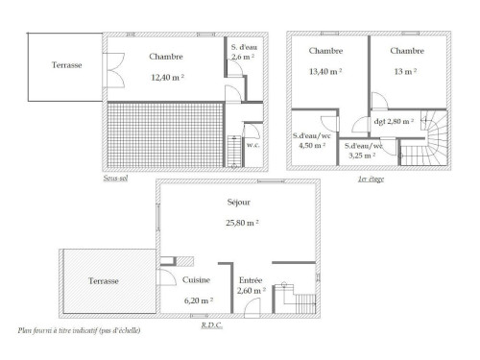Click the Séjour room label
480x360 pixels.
click(239, 203)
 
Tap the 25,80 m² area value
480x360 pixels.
click(242, 223)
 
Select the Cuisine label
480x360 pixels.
click(196, 280)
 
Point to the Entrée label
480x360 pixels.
click(251, 280)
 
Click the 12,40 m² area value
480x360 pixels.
click(167, 77)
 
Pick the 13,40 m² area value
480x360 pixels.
click(325, 71)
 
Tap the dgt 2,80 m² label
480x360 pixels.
click(394, 122)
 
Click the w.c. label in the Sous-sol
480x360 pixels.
click(252, 145)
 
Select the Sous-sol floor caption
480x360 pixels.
click(115, 178)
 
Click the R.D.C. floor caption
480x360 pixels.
click(212, 325)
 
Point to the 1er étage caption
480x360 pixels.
click(371, 179)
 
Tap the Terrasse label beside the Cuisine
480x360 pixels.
click(104, 281)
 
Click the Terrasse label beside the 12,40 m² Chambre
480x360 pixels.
click(67, 65)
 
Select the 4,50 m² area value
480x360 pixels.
click(312, 146)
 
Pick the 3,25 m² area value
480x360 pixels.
click(362, 156)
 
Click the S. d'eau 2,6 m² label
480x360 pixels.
click(244, 52)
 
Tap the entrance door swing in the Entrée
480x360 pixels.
click(252, 307)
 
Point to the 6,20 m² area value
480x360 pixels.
click(199, 300)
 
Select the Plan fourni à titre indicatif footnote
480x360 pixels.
click(79, 330)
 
